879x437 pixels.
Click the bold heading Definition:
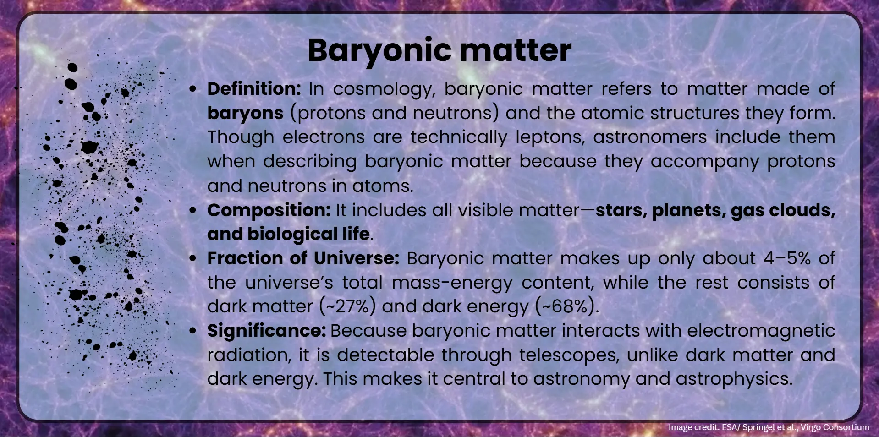point(254,89)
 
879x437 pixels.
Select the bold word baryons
point(245,113)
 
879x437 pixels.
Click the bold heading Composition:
point(269,210)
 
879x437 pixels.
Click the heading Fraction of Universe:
point(303,258)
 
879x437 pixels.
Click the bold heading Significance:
point(266,331)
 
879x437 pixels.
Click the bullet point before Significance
point(193,331)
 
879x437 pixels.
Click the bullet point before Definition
point(193,89)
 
